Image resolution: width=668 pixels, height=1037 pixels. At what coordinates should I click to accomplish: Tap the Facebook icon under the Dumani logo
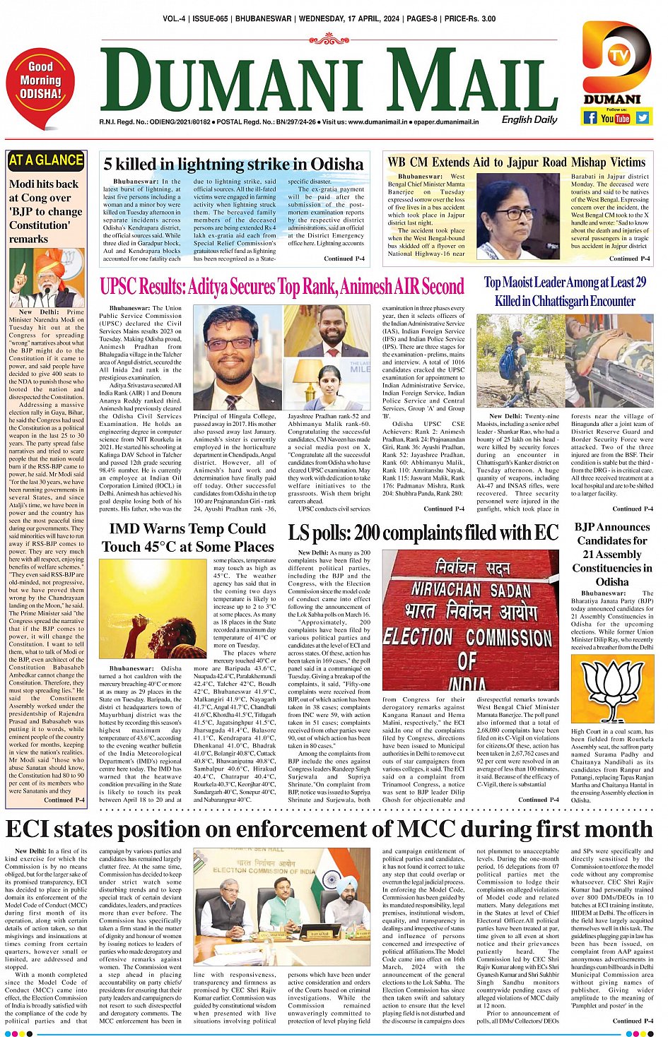(x=590, y=117)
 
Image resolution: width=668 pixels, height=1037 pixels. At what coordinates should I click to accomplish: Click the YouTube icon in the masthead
(x=615, y=118)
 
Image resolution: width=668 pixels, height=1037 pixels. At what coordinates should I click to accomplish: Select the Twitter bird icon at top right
(x=642, y=117)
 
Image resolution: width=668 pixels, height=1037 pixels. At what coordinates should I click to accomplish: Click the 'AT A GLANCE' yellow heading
(x=46, y=160)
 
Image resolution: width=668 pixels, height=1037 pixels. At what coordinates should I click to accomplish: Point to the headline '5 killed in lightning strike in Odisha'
(x=233, y=164)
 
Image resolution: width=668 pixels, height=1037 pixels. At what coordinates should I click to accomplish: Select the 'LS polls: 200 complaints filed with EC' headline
(x=423, y=532)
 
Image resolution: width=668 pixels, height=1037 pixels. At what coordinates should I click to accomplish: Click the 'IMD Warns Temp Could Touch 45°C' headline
(x=187, y=538)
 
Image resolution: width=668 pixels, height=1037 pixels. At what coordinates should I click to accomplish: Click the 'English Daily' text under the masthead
(x=529, y=119)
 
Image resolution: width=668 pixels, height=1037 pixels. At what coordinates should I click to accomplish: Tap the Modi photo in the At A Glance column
(x=46, y=278)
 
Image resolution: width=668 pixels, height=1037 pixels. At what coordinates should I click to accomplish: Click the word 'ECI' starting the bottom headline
(x=33, y=828)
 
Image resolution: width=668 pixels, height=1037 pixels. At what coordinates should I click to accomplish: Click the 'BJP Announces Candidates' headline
(x=611, y=554)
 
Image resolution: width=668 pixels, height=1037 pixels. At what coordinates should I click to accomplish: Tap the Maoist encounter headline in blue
(x=565, y=291)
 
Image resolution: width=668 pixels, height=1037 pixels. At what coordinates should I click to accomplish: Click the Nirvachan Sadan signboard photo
(x=471, y=621)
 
